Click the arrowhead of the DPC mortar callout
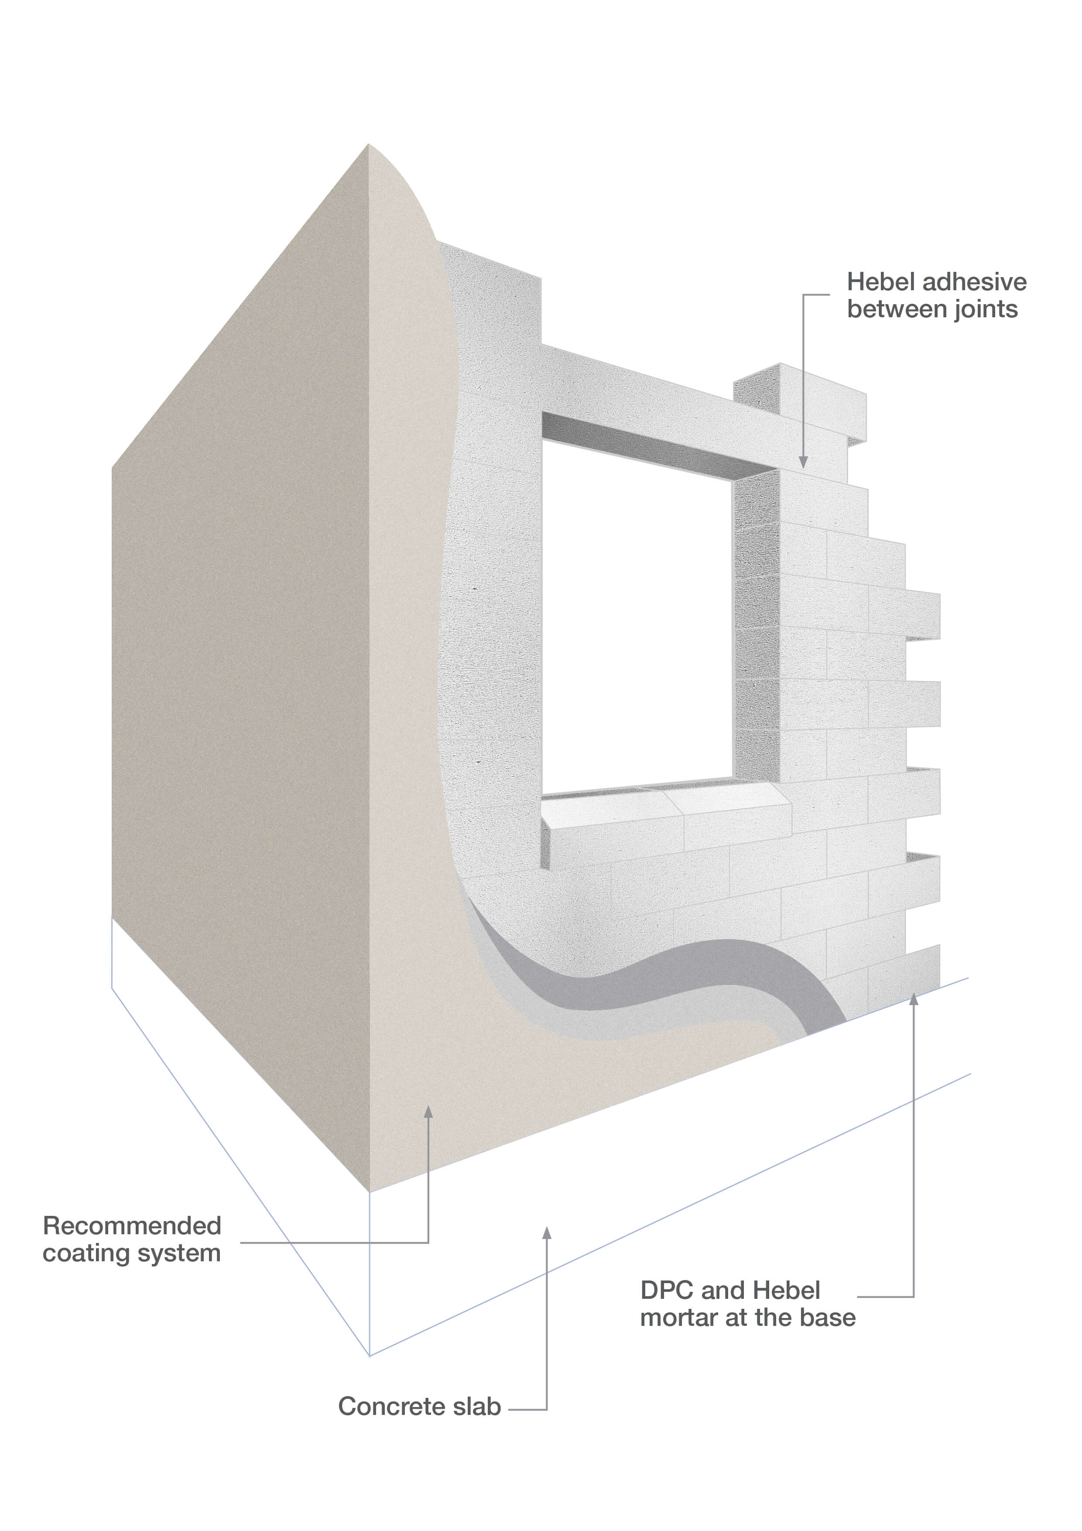(x=913, y=998)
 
